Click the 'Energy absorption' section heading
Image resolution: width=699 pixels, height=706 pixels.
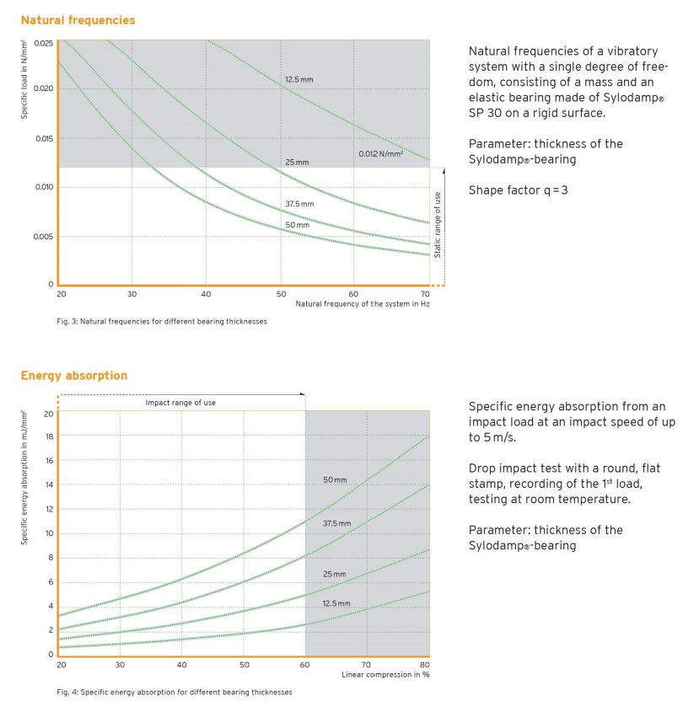coord(74,376)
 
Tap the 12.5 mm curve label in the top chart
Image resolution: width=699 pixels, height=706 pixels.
coord(298,79)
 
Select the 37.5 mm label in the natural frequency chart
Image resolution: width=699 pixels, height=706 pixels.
coord(298,204)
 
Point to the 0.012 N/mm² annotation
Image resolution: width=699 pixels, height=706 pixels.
coord(380,153)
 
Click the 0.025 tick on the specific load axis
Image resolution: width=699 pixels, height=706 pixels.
coord(44,43)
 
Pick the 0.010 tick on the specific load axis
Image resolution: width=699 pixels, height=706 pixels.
coord(44,187)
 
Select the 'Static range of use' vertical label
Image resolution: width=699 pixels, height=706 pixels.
coord(437,224)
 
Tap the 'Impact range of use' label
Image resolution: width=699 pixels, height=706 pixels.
coord(180,403)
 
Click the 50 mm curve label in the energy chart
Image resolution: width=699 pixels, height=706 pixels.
coord(335,480)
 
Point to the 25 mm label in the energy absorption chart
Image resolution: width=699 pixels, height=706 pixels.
coord(335,574)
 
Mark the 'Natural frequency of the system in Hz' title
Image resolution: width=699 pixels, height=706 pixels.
coord(363,304)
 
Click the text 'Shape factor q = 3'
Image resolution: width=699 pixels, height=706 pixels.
coord(518,190)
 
